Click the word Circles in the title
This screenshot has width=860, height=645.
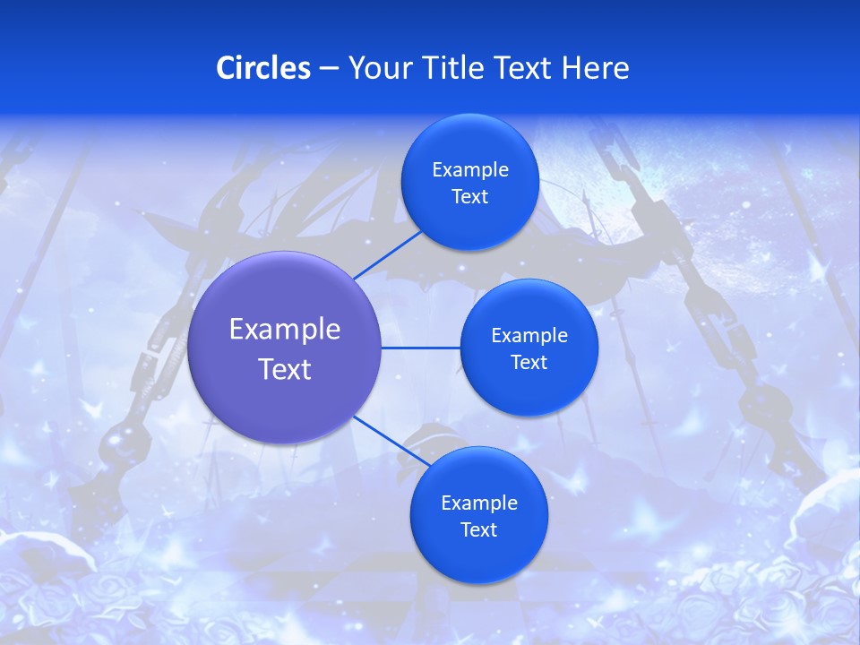[263, 68]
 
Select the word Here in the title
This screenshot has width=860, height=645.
[595, 68]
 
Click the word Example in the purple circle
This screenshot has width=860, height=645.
[285, 330]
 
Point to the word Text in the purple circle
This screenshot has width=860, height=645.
[285, 369]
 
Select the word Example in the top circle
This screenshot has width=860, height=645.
[470, 170]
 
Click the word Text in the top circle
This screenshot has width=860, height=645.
[469, 197]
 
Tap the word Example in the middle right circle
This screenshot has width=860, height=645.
[529, 336]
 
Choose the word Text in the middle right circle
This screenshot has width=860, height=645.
[529, 363]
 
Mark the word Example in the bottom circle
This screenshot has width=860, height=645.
[479, 503]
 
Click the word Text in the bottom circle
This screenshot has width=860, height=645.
[478, 530]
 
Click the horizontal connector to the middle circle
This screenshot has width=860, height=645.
[421, 348]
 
